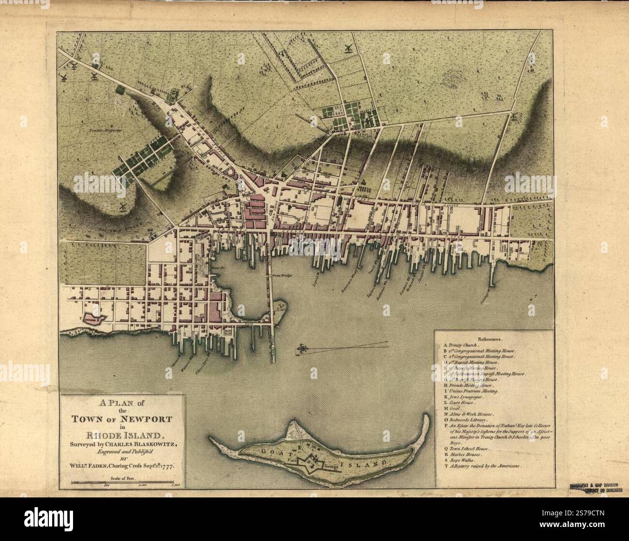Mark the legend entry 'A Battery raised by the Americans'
click(x=484, y=466)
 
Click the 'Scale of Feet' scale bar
click(x=123, y=482)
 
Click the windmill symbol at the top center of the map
click(x=346, y=48)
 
